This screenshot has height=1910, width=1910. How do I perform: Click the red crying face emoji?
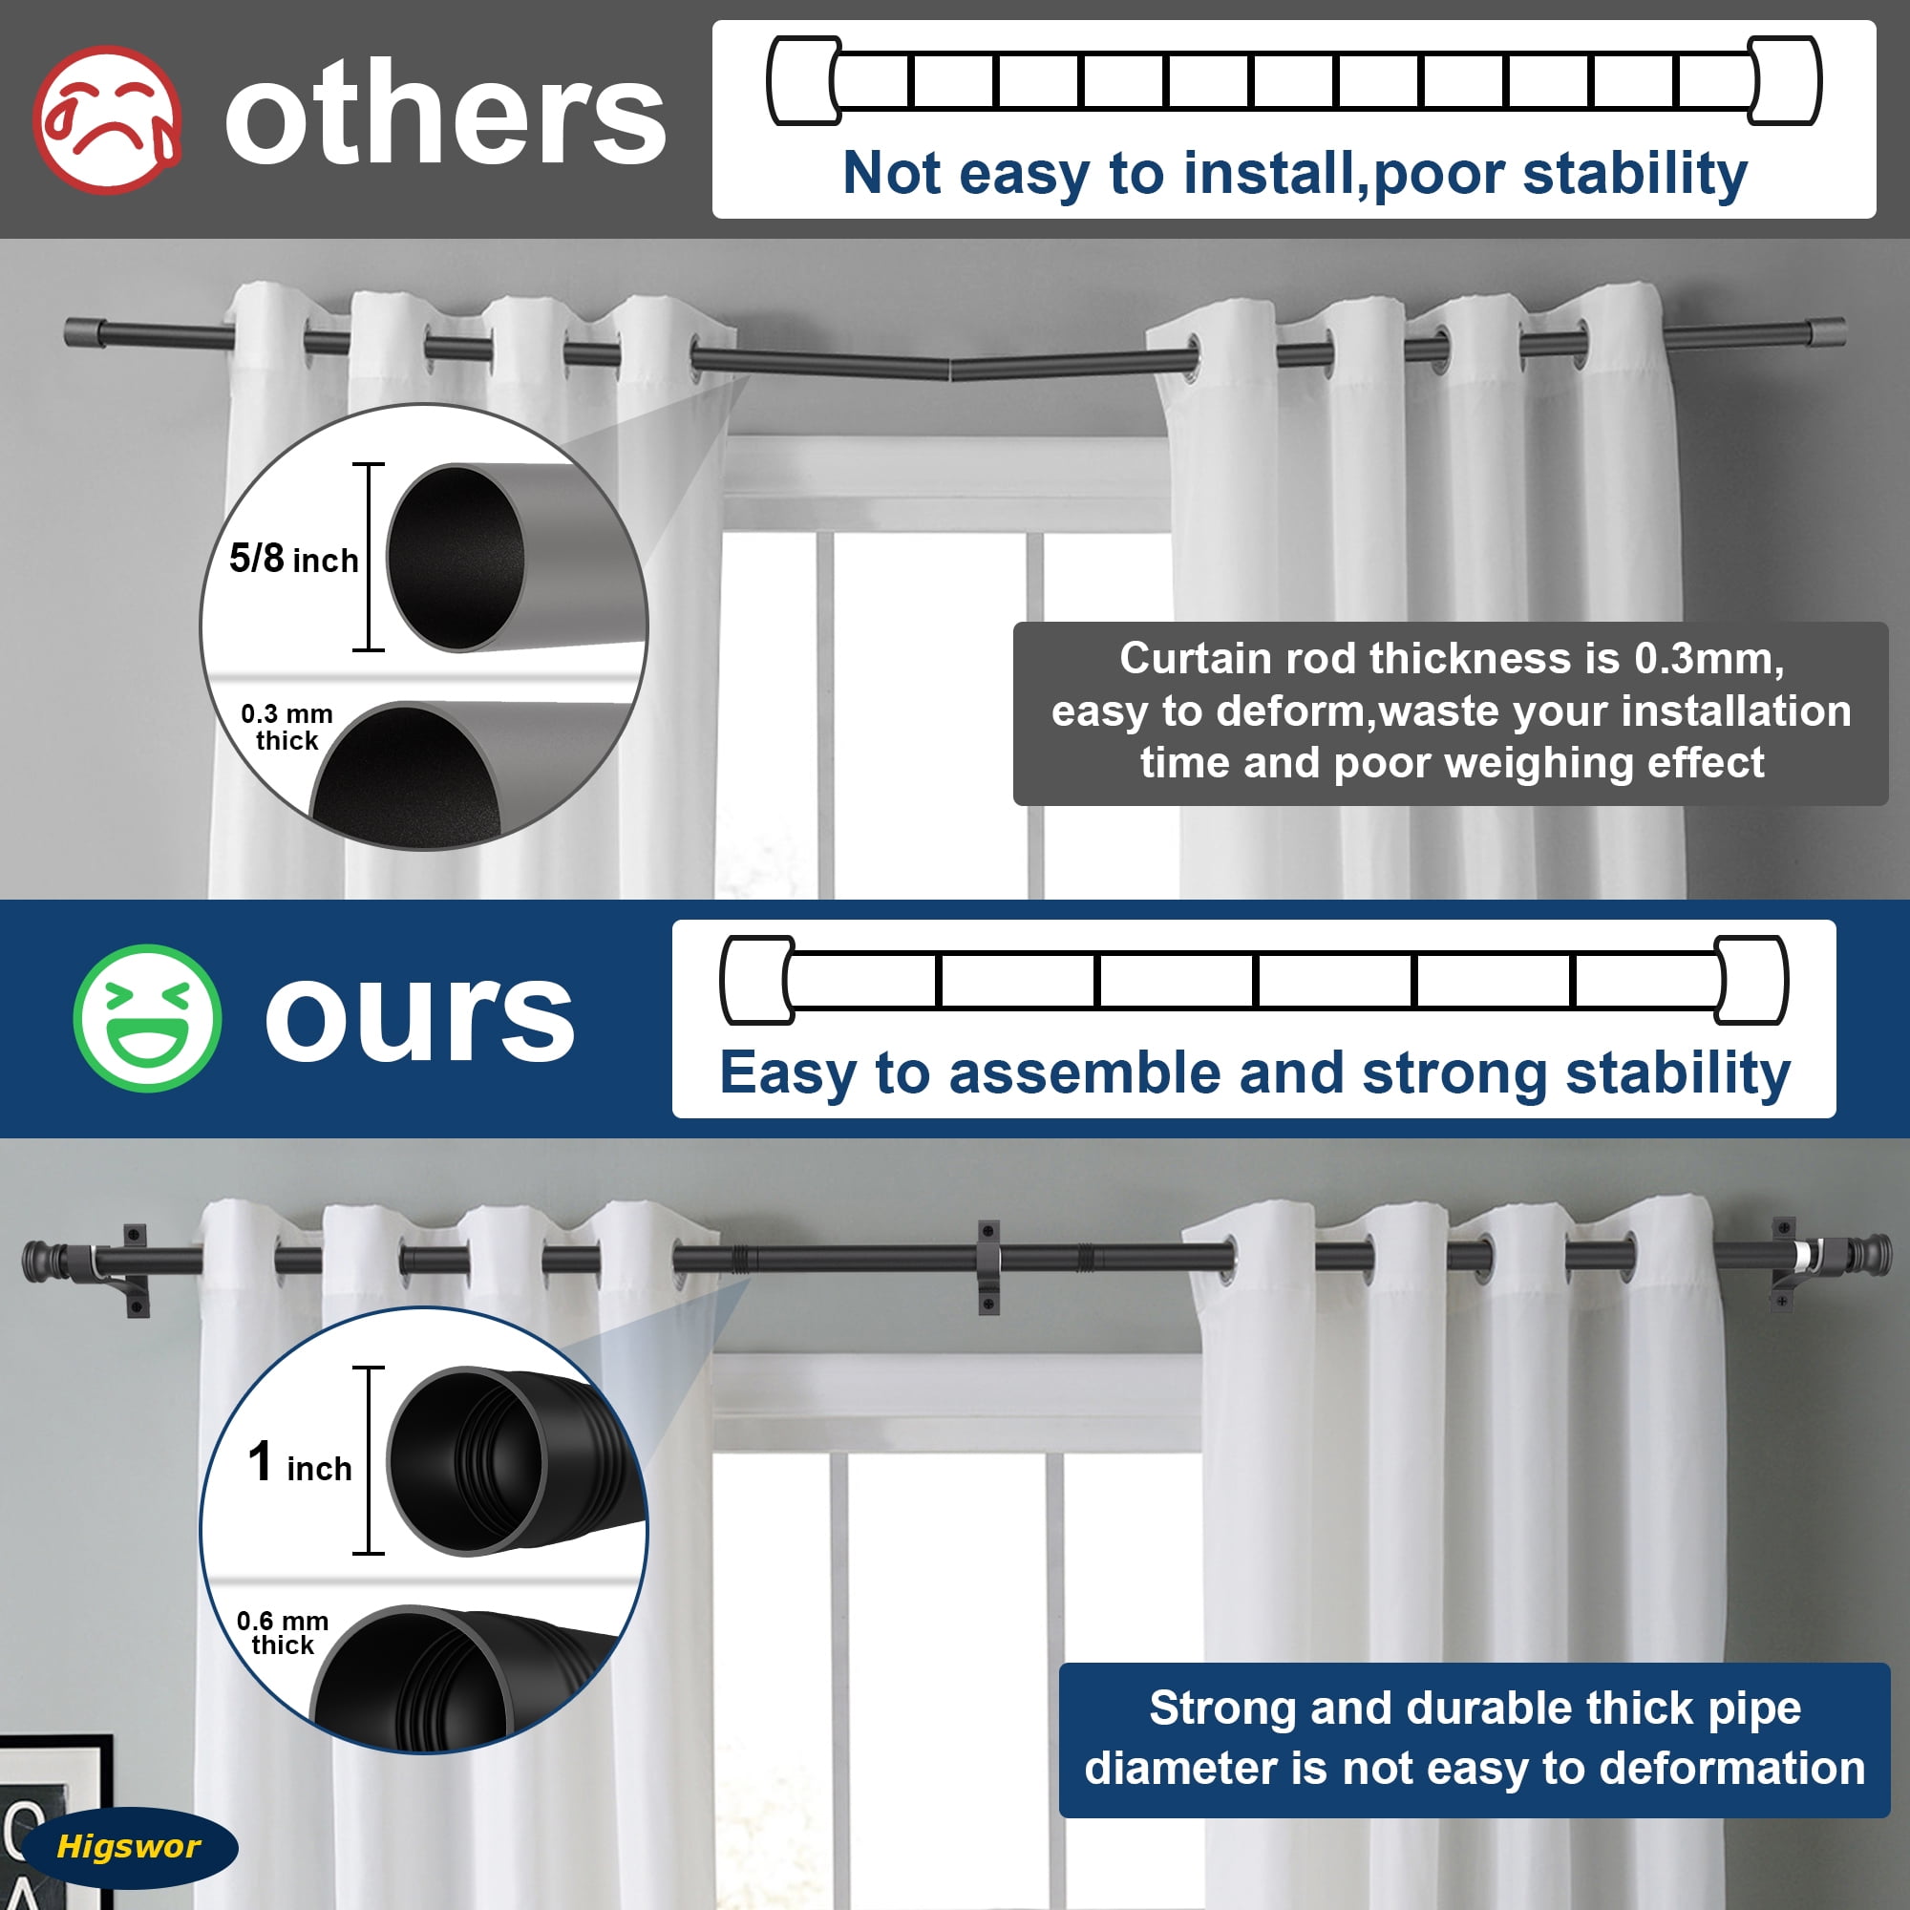click(x=107, y=119)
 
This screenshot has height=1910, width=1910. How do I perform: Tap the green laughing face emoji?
click(x=147, y=1018)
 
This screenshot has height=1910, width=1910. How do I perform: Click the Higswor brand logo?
click(x=129, y=1846)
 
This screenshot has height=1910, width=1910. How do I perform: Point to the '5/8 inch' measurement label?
click(x=293, y=559)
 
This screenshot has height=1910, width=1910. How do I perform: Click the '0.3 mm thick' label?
click(x=286, y=727)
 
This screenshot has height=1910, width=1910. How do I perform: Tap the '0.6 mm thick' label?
click(x=283, y=1632)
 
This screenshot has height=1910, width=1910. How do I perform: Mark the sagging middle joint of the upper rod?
click(x=949, y=370)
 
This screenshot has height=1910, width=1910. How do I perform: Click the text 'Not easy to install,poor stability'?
click(x=1295, y=174)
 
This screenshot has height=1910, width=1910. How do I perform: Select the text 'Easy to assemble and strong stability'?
click(x=1255, y=1073)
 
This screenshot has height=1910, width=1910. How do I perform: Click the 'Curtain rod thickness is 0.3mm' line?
click(x=1452, y=658)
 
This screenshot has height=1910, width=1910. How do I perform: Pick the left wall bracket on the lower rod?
click(x=136, y=1271)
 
